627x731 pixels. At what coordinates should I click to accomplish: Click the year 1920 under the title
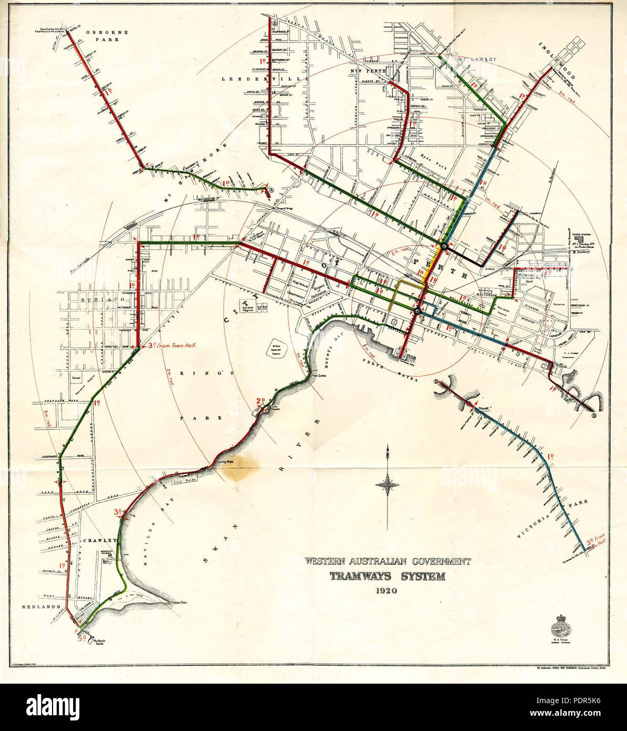point(386,590)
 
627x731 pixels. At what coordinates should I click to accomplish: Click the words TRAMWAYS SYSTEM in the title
point(387,576)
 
